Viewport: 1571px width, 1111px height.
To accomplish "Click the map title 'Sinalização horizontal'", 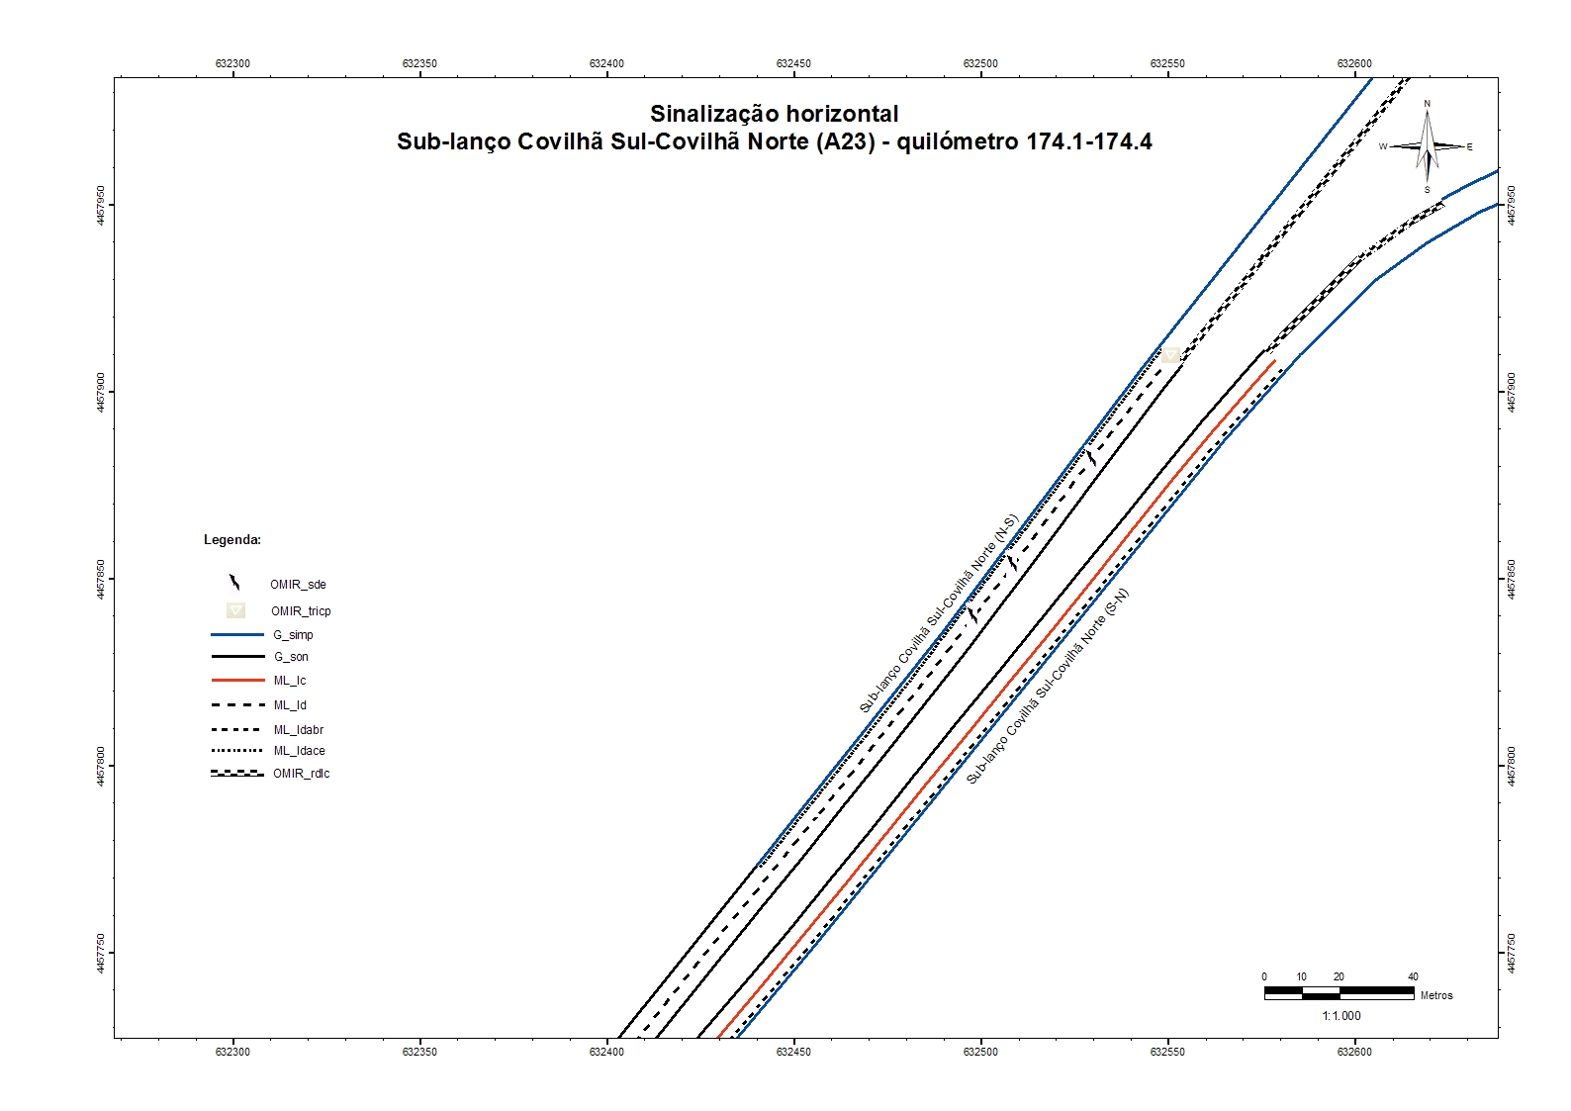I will (x=774, y=114).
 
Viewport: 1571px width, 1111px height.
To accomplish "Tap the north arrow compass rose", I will (x=1427, y=146).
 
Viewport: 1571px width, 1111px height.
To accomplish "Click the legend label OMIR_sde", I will (x=298, y=585).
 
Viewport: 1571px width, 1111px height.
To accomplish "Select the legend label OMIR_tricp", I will (x=301, y=611).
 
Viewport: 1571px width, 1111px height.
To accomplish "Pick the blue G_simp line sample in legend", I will (x=237, y=635).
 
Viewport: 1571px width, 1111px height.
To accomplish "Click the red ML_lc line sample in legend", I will (x=237, y=681).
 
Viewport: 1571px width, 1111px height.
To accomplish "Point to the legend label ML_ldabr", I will (x=299, y=730).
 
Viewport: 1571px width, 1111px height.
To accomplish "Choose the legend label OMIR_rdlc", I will (x=302, y=774).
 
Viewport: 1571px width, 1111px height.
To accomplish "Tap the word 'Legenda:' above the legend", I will (x=232, y=540).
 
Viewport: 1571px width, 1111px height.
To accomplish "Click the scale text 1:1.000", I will (x=1341, y=1016).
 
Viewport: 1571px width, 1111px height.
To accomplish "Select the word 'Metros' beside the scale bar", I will (x=1436, y=995).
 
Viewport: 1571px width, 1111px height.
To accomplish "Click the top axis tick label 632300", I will (x=232, y=63).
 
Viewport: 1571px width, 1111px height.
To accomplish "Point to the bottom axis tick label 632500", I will (x=980, y=1052).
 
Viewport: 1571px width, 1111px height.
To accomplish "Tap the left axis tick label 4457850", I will (x=101, y=579).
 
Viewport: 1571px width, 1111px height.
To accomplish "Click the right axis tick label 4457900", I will (x=1511, y=393).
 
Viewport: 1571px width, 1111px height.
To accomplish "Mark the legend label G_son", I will (x=291, y=657).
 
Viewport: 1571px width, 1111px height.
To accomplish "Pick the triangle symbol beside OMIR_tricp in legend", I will (x=235, y=610).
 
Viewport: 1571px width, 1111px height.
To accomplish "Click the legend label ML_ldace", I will (x=299, y=751).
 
